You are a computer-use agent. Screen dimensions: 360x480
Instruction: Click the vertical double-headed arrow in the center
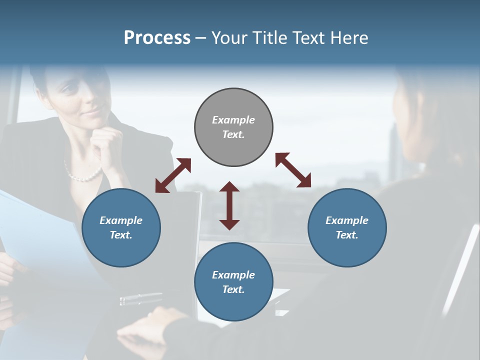click(229, 205)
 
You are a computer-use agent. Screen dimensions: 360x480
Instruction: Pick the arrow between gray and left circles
click(173, 175)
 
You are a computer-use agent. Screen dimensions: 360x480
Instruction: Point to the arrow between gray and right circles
click(293, 170)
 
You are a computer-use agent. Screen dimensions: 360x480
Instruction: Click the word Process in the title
click(157, 37)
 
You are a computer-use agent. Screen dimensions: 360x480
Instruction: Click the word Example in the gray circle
click(233, 120)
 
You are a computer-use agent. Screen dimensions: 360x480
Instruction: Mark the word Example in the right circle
click(347, 220)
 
